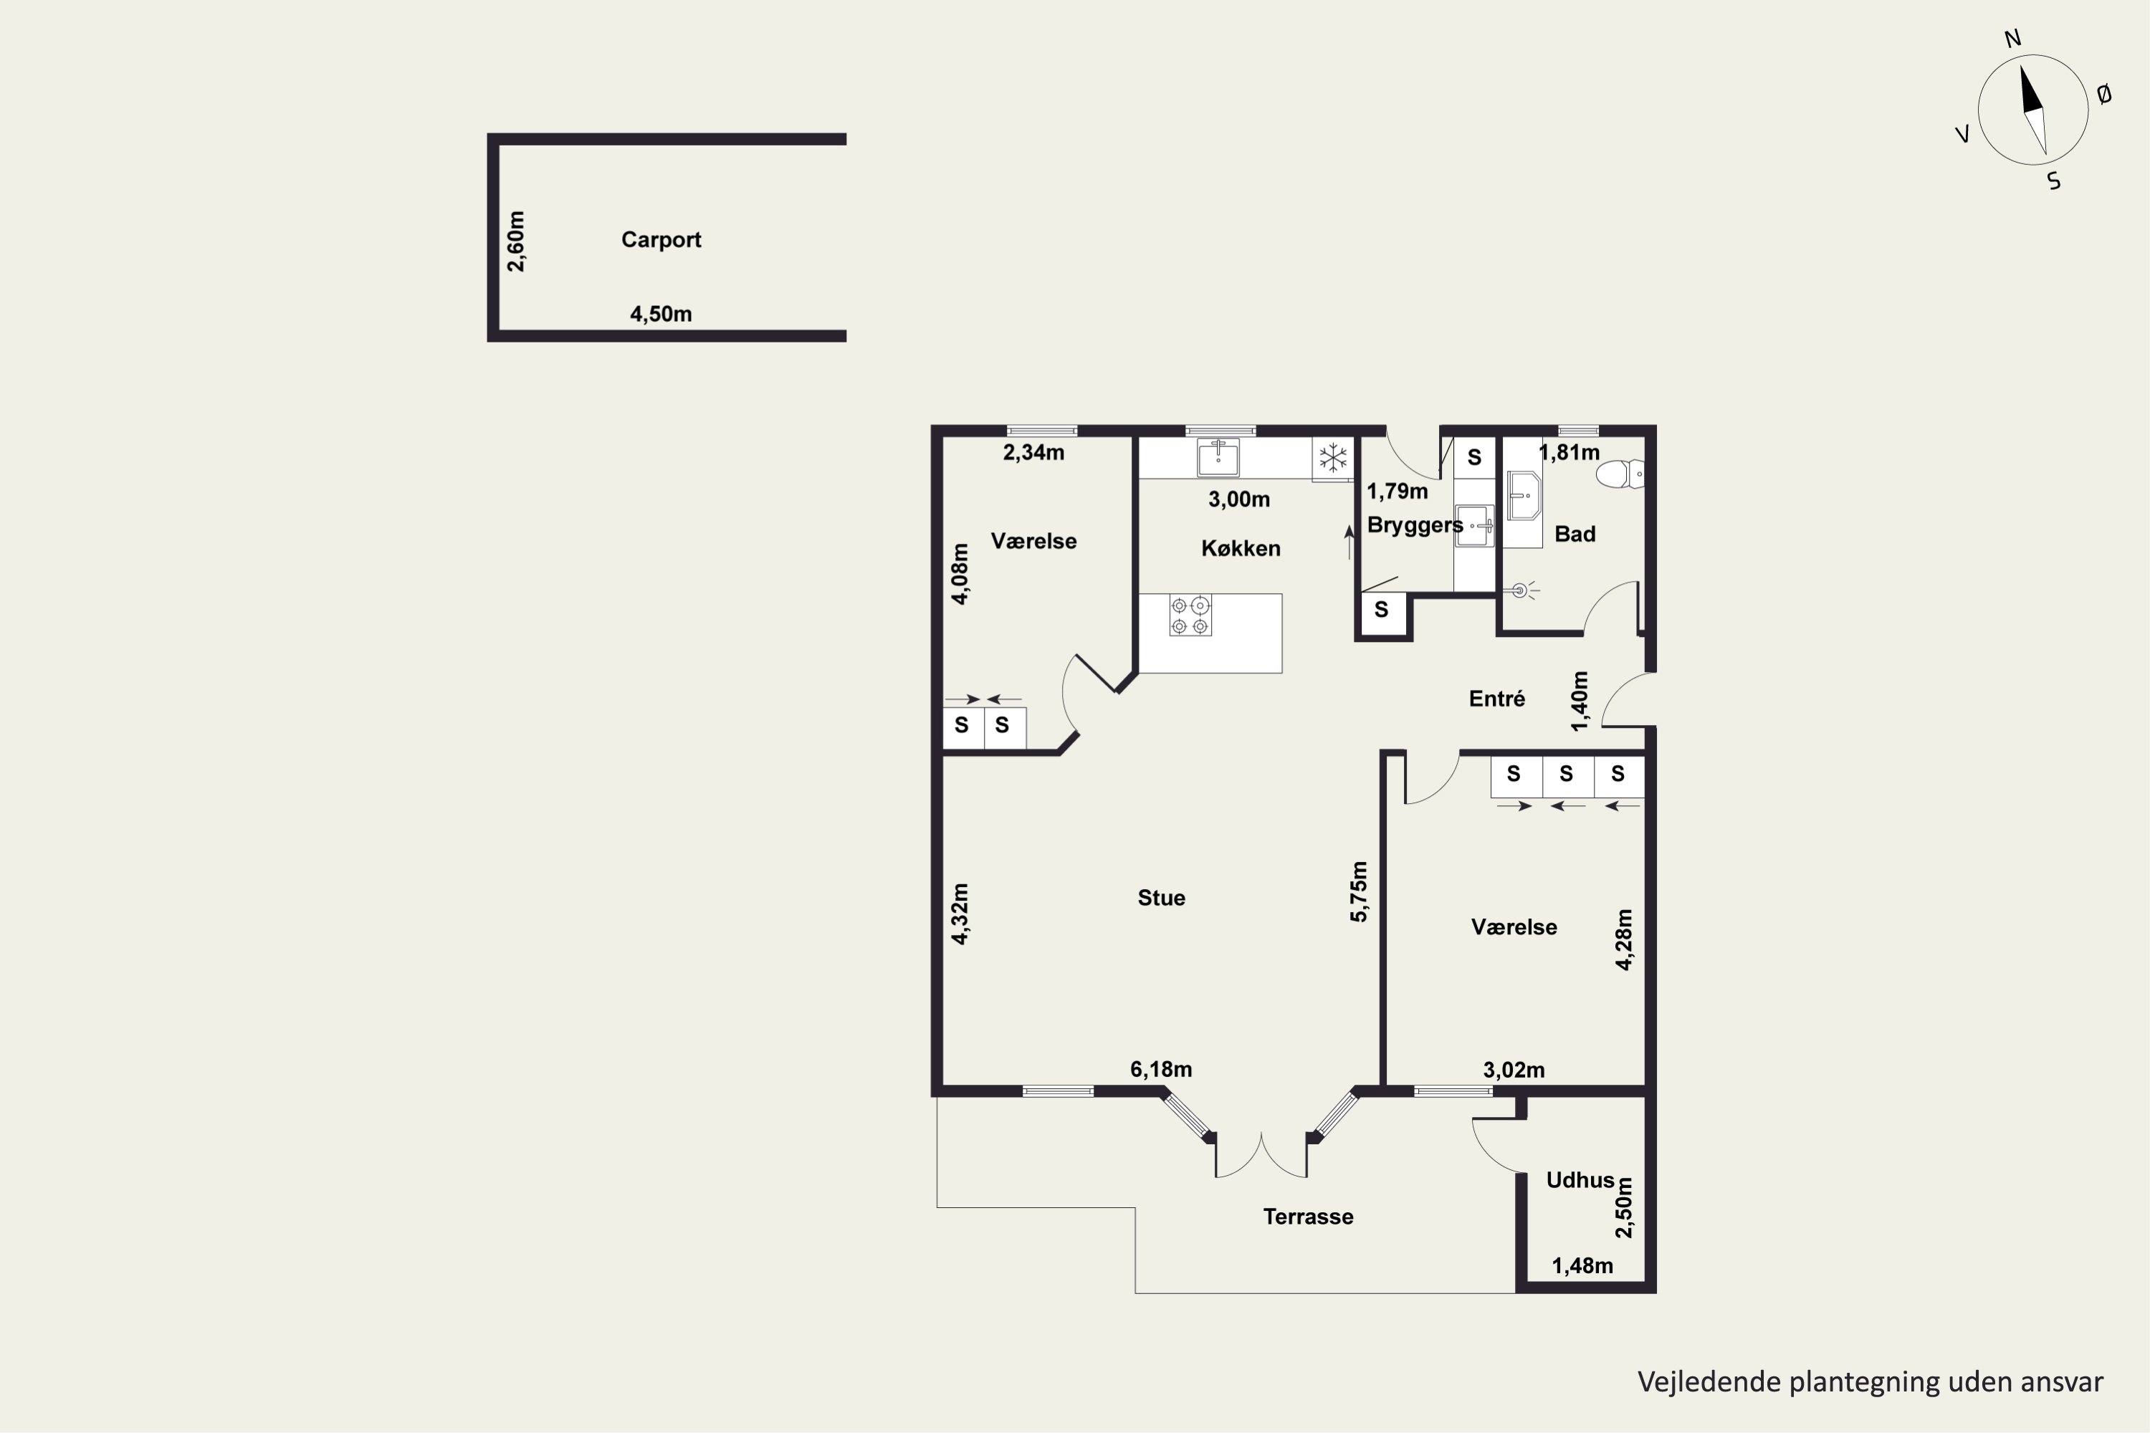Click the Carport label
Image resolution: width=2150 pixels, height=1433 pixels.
point(661,239)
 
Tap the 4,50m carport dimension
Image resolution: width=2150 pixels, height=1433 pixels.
point(661,315)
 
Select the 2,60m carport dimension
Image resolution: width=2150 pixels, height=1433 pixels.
point(517,241)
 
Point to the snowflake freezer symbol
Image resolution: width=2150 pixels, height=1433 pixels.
point(1334,458)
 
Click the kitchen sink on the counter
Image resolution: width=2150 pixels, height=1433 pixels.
point(1218,457)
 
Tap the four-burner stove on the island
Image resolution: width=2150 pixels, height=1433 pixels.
point(1190,615)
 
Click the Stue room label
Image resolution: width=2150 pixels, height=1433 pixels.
point(1161,898)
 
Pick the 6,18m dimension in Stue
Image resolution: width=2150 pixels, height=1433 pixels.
point(1161,1069)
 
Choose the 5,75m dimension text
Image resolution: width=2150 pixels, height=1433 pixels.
point(1360,891)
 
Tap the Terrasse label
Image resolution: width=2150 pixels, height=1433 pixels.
point(1308,1217)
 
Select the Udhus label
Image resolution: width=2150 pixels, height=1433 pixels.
point(1580,1180)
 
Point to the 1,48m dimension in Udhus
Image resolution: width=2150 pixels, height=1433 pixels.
point(1582,1266)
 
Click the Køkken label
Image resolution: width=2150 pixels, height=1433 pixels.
point(1241,548)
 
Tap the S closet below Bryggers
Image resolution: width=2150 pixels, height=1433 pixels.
point(1381,610)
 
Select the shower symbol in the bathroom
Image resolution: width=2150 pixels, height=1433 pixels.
point(1521,591)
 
